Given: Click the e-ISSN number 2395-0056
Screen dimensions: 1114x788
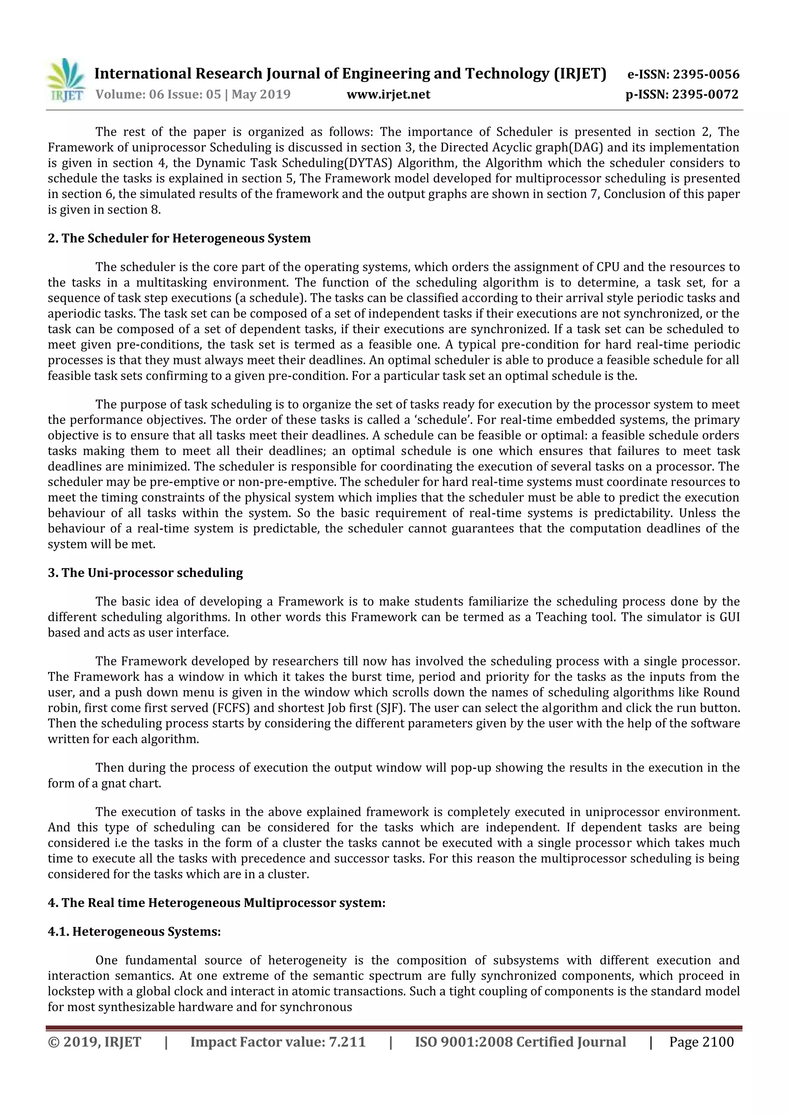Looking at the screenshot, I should (x=706, y=75).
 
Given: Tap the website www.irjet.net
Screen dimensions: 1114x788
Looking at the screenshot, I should (x=388, y=95).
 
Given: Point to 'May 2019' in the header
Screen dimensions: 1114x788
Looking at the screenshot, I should (x=261, y=95).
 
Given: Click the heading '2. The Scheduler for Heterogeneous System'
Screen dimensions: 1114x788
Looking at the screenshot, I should (x=179, y=239).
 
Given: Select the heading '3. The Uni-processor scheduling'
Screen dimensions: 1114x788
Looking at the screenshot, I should (x=145, y=573).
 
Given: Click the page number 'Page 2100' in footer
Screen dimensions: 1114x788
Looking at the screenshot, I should (x=701, y=1042).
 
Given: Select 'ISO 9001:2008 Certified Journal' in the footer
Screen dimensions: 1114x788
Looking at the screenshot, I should (x=520, y=1042).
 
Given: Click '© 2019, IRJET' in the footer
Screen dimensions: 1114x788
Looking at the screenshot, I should (x=95, y=1042).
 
